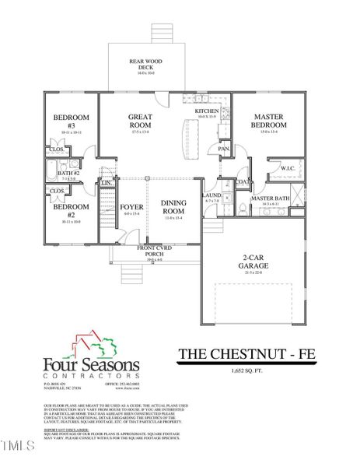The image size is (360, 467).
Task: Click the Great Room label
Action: click(140, 121)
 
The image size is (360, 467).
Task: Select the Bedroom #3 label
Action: click(65, 121)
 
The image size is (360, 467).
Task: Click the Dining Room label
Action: click(173, 206)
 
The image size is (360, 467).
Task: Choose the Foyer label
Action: click(131, 207)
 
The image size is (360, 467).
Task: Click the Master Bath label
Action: click(269, 198)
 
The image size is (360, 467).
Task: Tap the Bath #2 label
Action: click(69, 174)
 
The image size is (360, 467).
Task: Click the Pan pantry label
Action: click(222, 148)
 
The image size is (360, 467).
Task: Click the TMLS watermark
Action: click(18, 446)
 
